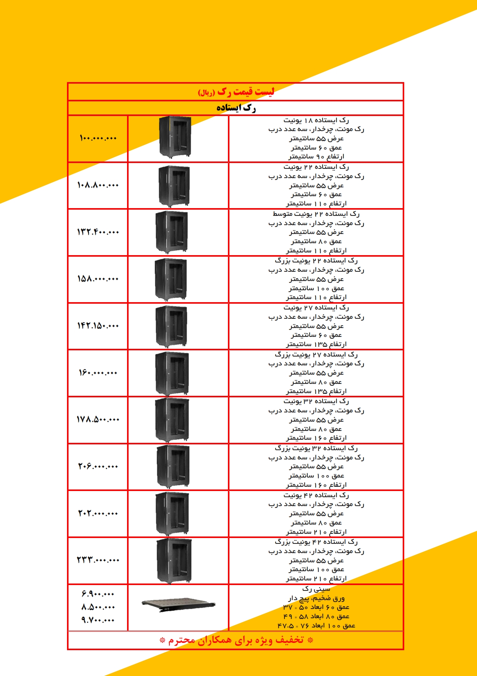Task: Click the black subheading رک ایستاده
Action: pos(236,108)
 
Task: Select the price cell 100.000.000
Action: pos(98,138)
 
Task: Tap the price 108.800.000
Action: pos(98,185)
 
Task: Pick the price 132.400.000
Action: pos(98,232)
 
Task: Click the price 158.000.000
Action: pos(98,279)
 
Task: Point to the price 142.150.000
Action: pos(98,326)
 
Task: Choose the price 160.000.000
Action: pos(98,373)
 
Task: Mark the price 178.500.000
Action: pos(98,419)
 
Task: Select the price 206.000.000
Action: pos(98,466)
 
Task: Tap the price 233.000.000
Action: pos(98,560)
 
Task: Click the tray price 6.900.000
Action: pos(98,594)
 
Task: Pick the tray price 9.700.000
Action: pos(98,620)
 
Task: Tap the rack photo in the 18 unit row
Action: pos(175,137)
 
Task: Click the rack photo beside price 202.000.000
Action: pos(172,513)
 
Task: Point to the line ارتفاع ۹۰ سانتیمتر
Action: pos(316,156)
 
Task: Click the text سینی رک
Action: pos(316,589)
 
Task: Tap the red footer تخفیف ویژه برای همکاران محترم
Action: pos(236,640)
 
